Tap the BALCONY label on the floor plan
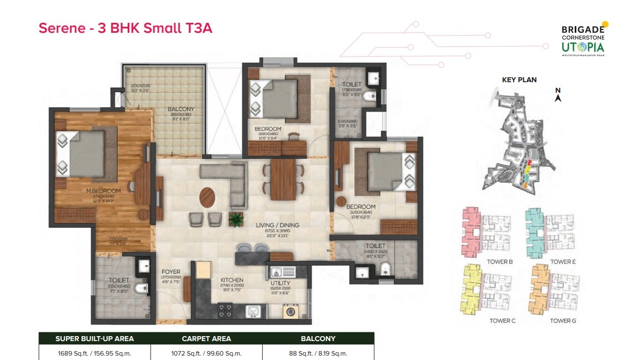[x=181, y=109]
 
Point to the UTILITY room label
[x=280, y=283]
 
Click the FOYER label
[x=171, y=272]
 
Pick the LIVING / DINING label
[x=277, y=225]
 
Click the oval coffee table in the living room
[x=208, y=196]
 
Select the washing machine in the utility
[x=290, y=312]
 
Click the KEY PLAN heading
[x=519, y=80]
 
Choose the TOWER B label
[x=499, y=262]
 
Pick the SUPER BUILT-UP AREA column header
[x=94, y=338]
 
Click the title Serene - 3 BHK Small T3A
[x=125, y=28]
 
